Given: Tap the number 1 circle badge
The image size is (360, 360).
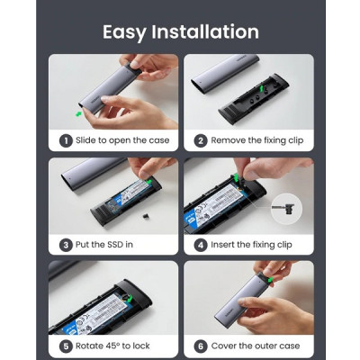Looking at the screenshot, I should pyautogui.click(x=65, y=140).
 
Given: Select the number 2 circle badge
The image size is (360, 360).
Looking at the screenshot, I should pyautogui.click(x=200, y=140).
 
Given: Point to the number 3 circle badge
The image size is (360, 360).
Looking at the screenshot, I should pyautogui.click(x=65, y=244).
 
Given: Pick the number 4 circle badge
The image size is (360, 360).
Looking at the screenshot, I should pyautogui.click(x=200, y=244).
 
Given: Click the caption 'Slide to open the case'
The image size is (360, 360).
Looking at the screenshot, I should pyautogui.click(x=121, y=140).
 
